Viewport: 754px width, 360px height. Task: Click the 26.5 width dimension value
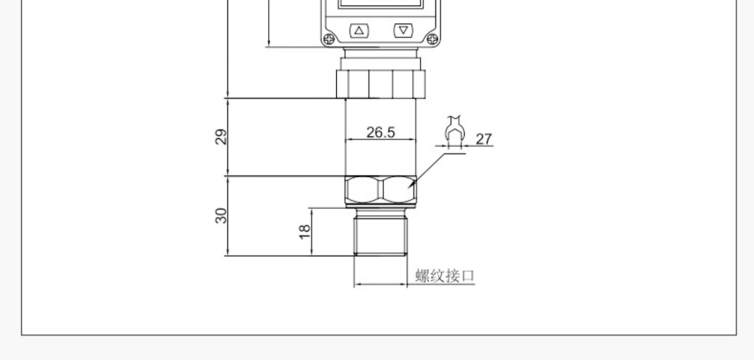(x=381, y=132)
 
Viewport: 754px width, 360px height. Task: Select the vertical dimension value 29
(x=221, y=137)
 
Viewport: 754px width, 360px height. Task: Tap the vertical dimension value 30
(x=221, y=216)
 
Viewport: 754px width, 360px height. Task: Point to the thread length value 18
(x=305, y=231)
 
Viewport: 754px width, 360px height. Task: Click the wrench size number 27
(x=484, y=139)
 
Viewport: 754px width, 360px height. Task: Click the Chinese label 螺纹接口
(x=445, y=276)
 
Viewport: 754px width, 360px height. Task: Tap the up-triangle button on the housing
(x=359, y=31)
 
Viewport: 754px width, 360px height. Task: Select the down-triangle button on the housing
(x=403, y=31)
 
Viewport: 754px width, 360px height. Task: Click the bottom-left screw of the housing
(x=329, y=38)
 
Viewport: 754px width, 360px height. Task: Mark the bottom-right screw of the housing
(x=432, y=38)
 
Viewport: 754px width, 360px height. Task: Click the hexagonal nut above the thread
(x=381, y=190)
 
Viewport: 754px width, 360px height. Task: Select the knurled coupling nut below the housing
(x=381, y=83)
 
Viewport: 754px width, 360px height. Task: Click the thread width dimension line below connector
(x=381, y=285)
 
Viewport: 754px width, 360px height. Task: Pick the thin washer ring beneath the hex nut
(x=381, y=206)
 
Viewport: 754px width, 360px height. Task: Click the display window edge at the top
(x=381, y=6)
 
